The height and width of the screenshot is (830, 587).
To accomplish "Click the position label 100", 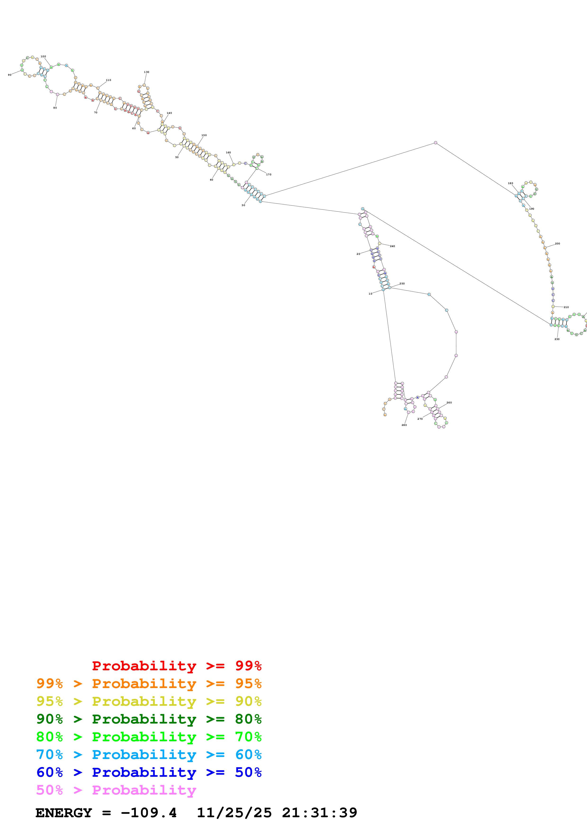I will [43, 56].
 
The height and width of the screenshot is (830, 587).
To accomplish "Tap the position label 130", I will [147, 72].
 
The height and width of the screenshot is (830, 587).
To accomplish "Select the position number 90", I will [10, 75].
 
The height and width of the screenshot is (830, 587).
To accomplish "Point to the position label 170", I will [269, 175].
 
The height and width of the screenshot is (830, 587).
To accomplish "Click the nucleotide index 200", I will [557, 244].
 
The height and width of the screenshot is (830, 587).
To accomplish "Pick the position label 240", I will [392, 246].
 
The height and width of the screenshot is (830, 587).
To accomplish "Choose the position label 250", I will [402, 284].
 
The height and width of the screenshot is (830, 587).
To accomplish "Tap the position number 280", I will [404, 425].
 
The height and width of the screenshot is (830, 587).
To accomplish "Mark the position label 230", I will [557, 339].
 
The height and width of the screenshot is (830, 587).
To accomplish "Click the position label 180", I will [510, 183].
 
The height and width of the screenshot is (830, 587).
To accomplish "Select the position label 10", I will [370, 294].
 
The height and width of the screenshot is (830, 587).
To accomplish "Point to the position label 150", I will [204, 135].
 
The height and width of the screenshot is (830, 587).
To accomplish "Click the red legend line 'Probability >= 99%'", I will [176, 666].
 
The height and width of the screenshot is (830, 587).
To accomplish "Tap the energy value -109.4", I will [149, 813].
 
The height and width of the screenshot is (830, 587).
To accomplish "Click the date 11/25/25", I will [234, 813].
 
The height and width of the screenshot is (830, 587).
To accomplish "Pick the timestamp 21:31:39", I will [319, 813].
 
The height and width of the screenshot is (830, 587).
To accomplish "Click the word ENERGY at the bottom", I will [64, 813].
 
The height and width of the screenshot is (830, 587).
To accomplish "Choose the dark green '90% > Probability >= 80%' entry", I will [149, 719].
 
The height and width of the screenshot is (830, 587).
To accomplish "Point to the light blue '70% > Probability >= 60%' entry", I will [149, 755].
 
